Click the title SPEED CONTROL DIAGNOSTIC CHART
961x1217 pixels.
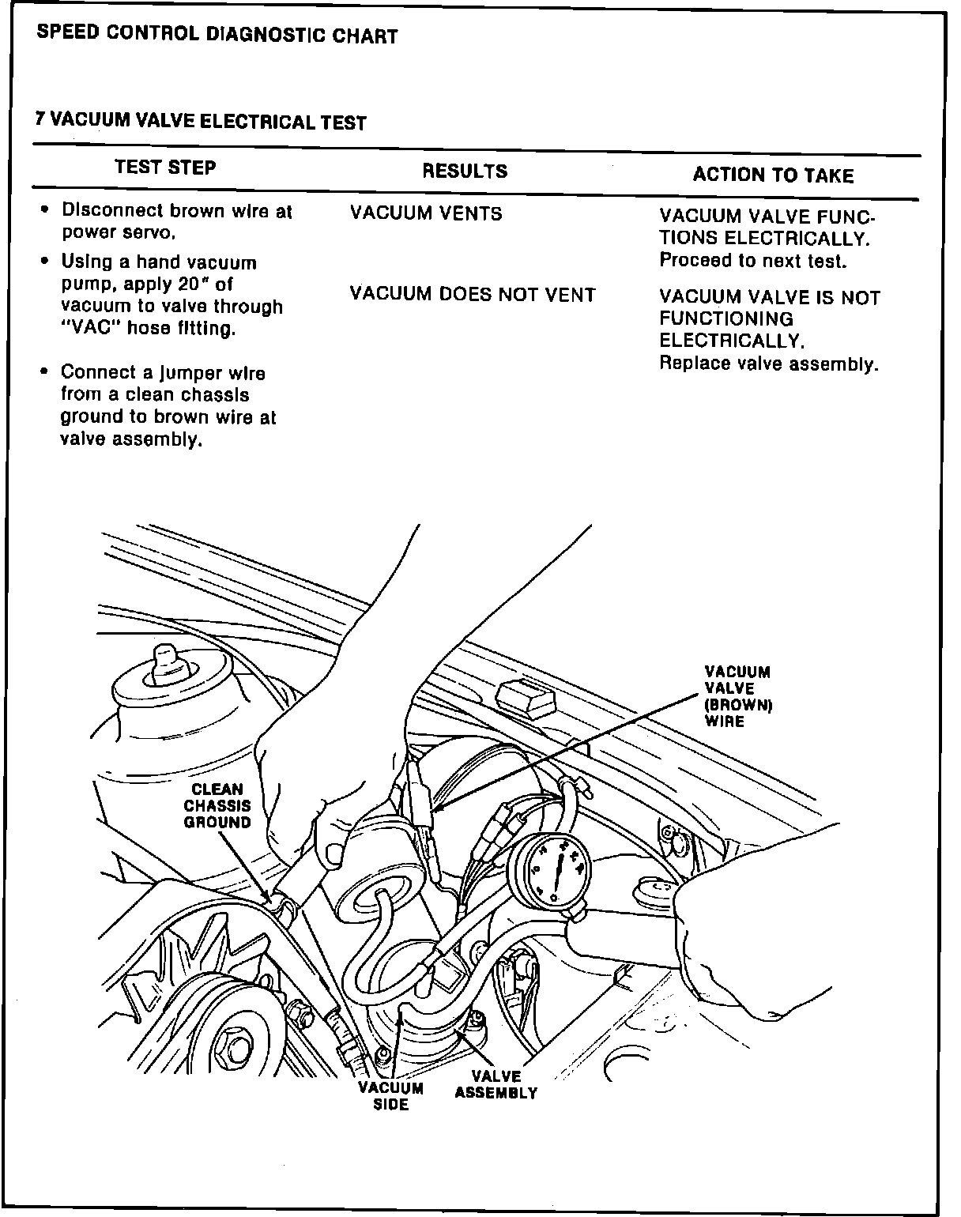coord(217,36)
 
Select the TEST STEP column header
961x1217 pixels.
coord(165,168)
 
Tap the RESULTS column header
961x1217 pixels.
coord(465,171)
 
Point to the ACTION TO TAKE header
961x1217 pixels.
coord(773,175)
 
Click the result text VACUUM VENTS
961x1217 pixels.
coord(426,213)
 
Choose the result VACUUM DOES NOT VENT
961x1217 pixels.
coord(473,295)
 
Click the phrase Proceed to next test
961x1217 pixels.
coord(752,261)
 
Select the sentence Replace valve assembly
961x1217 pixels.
coord(769,364)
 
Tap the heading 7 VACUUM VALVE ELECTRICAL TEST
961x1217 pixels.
coord(202,122)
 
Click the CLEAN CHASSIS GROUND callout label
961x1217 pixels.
coord(217,805)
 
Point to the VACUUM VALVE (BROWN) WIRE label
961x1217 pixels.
coord(737,696)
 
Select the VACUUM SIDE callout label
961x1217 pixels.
coord(391,1096)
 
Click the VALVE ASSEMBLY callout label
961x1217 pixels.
coord(496,1085)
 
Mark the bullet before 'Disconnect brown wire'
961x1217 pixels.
coord(45,211)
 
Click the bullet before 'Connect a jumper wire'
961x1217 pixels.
coord(45,372)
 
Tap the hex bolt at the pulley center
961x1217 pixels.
coord(235,1049)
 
